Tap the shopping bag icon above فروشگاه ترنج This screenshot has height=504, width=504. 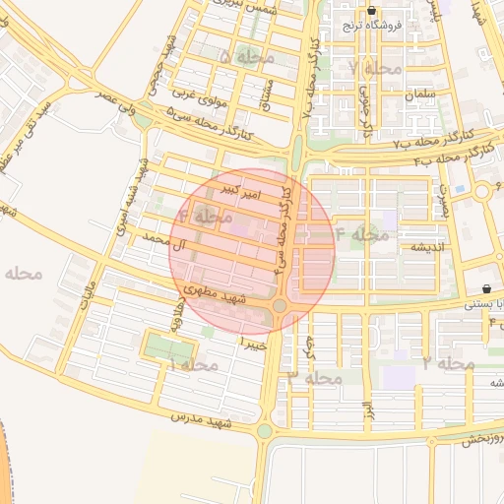pos(371,12)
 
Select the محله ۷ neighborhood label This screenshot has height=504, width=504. pos(375,68)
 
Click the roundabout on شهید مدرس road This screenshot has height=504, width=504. pos(264,430)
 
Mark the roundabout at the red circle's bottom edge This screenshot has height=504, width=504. pos(281,306)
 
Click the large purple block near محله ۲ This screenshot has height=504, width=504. pos(400,377)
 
